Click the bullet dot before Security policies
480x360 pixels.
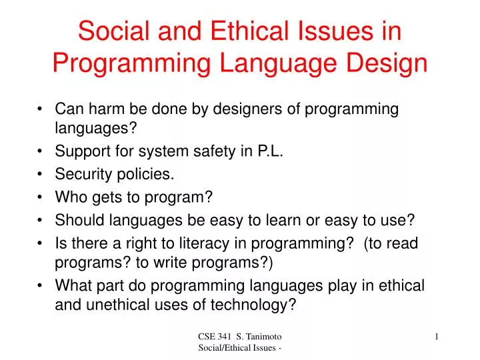pyautogui.click(x=41, y=175)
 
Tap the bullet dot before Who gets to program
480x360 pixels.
pyautogui.click(x=41, y=198)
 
